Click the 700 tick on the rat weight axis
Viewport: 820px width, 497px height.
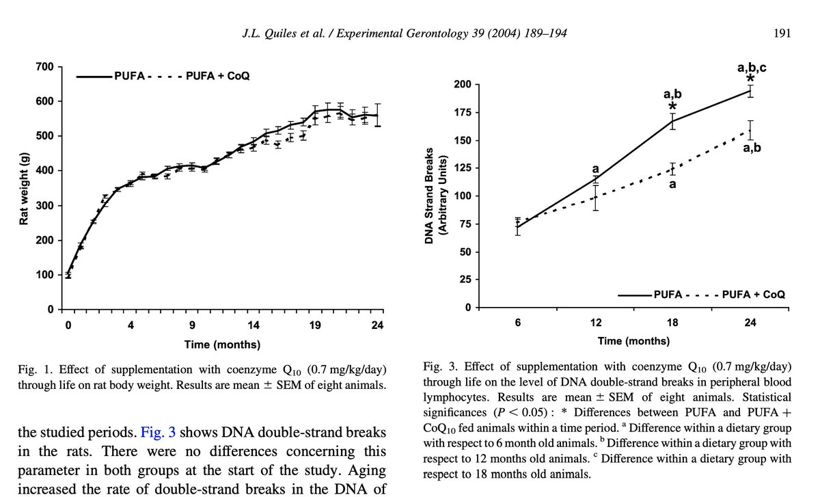(x=44, y=67)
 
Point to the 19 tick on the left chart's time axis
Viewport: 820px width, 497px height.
(x=316, y=325)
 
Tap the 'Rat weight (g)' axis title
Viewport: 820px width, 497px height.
(x=24, y=189)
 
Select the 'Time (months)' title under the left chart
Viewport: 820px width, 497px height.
(x=223, y=344)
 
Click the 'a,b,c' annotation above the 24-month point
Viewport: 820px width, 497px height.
(x=752, y=68)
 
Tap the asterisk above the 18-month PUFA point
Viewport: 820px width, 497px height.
(x=673, y=107)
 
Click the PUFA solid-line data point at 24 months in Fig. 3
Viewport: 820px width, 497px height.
(x=750, y=91)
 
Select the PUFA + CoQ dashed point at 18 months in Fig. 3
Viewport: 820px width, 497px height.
(x=672, y=168)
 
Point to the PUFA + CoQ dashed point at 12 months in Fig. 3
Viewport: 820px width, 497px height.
(x=595, y=198)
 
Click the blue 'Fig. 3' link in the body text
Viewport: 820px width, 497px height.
(x=159, y=432)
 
